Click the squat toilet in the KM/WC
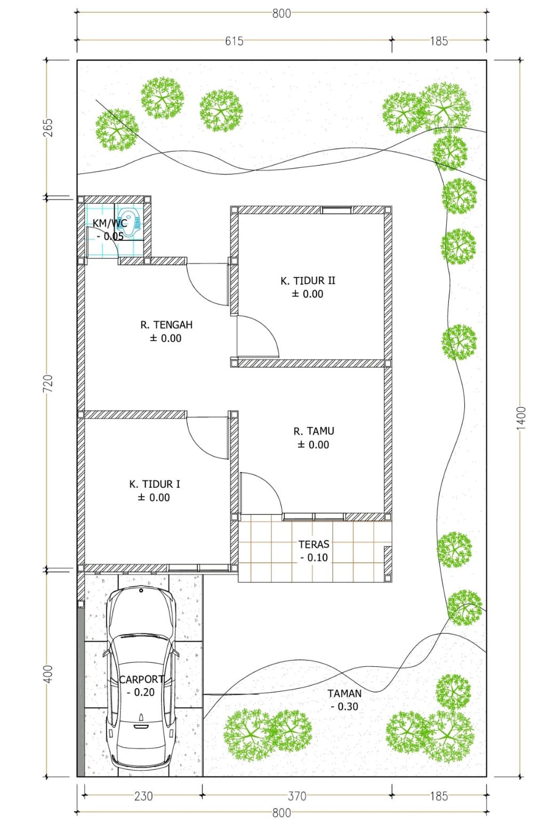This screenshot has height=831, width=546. click(x=130, y=223)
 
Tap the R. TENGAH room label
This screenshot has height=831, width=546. click(x=166, y=325)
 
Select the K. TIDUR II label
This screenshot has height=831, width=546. click(x=308, y=281)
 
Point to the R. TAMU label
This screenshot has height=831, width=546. click(x=314, y=431)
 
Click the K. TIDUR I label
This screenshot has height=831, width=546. click(x=155, y=484)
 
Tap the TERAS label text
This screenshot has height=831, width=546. click(x=314, y=545)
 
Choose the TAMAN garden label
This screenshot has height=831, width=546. click(x=344, y=693)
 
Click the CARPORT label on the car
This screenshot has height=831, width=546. click(x=141, y=680)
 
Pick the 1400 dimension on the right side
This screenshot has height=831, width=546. click(x=521, y=418)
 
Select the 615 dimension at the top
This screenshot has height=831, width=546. click(x=234, y=41)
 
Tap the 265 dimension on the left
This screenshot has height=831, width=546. click(x=49, y=127)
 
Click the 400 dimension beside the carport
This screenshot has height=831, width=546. click(x=49, y=673)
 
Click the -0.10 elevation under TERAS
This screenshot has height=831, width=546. click(x=314, y=558)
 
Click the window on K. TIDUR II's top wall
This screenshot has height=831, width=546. click(x=336, y=211)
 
